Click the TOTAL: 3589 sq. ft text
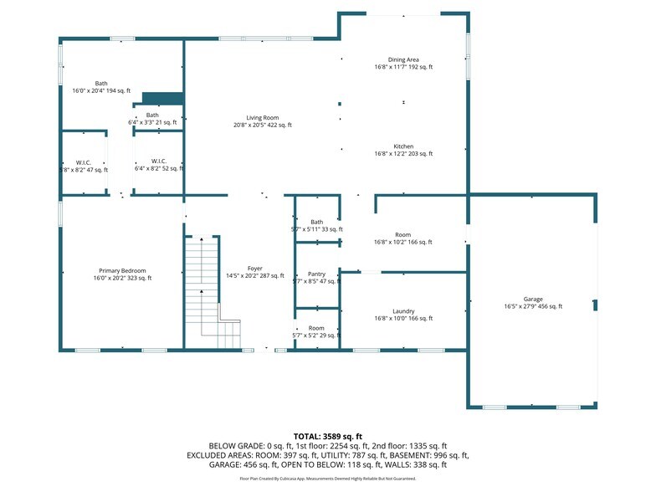[328, 436]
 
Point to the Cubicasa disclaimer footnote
[328, 479]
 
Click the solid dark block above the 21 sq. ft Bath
[162, 98]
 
